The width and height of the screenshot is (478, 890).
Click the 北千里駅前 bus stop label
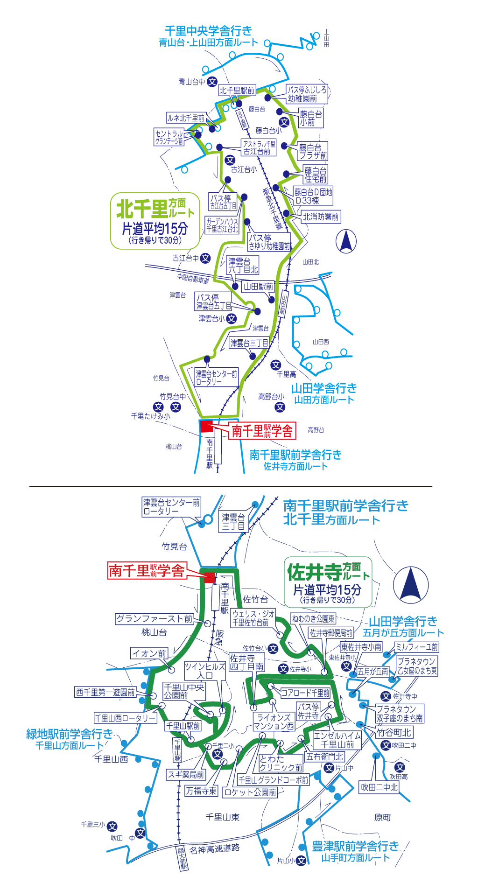pos(237,91)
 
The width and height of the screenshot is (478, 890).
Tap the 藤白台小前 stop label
pos(310,119)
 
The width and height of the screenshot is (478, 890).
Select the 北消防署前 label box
pos(321,217)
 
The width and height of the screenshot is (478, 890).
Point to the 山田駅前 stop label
pos(258,287)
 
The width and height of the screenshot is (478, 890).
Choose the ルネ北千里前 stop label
pos(186,118)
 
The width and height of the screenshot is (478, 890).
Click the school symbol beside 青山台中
pos(212,82)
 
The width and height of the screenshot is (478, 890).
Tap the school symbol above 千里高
pos(276,364)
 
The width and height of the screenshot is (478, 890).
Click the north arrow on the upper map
pos(346,241)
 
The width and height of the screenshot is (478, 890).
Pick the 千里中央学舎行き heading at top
pos(208,31)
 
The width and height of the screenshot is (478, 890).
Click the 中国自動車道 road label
pos(193,279)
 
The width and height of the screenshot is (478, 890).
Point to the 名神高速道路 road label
pos(215,849)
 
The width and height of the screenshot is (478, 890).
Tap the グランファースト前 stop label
pos(154,619)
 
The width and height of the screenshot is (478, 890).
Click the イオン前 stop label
pos(149,653)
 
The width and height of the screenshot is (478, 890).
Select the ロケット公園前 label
pos(250,792)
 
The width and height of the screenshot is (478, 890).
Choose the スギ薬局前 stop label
pos(186,775)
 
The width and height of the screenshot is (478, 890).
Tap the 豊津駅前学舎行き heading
pos(355,846)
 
